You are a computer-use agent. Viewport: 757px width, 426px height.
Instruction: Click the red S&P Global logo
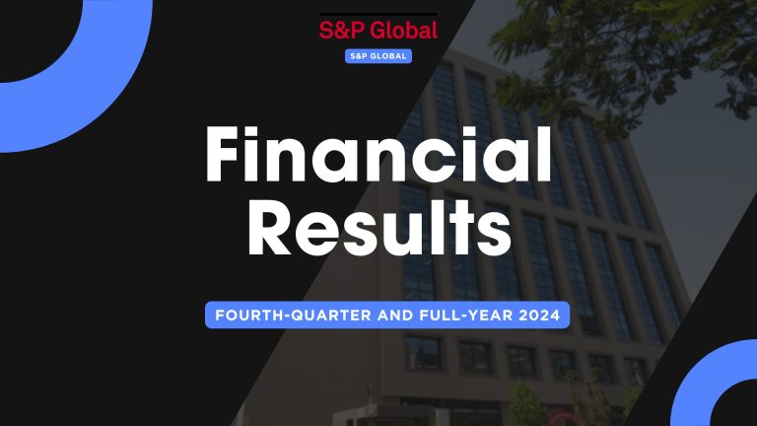click(378, 31)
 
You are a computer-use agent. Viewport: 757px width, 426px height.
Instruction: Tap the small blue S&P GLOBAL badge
click(378, 56)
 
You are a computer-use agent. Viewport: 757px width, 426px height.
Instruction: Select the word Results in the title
click(378, 235)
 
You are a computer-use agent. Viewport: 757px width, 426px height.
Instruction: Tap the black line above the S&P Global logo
click(378, 15)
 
